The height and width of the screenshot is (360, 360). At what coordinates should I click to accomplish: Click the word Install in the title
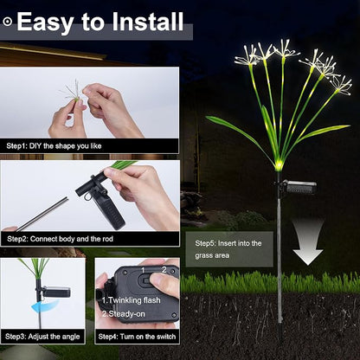pos(148,22)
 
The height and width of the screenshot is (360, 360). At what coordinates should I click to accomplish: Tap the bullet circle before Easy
pos(8,22)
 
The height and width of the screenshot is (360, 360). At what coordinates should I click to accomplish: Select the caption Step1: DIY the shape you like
pos(54,146)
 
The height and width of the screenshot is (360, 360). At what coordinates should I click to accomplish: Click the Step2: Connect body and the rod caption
pos(60,239)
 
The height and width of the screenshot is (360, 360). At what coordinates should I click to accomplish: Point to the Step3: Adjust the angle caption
pos(42,337)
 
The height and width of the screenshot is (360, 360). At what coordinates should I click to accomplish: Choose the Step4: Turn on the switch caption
pos(137,337)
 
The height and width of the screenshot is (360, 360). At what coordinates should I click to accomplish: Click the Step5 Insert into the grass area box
pos(229,249)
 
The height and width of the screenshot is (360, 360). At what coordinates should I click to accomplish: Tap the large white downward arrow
pos(308,242)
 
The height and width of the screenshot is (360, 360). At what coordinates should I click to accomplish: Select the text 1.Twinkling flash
pos(132,300)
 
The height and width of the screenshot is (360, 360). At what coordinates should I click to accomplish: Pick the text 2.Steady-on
pos(124,314)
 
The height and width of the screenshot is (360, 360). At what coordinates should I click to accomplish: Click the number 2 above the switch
pos(164,270)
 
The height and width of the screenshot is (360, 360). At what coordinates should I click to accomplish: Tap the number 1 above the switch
pos(143,270)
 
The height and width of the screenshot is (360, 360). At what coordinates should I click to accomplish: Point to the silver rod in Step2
pos(43,214)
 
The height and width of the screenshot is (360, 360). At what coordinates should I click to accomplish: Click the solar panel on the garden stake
pos(299,187)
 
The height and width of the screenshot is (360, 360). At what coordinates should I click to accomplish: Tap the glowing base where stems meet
pos(279,166)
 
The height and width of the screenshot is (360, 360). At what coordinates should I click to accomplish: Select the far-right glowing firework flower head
pos(342,86)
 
